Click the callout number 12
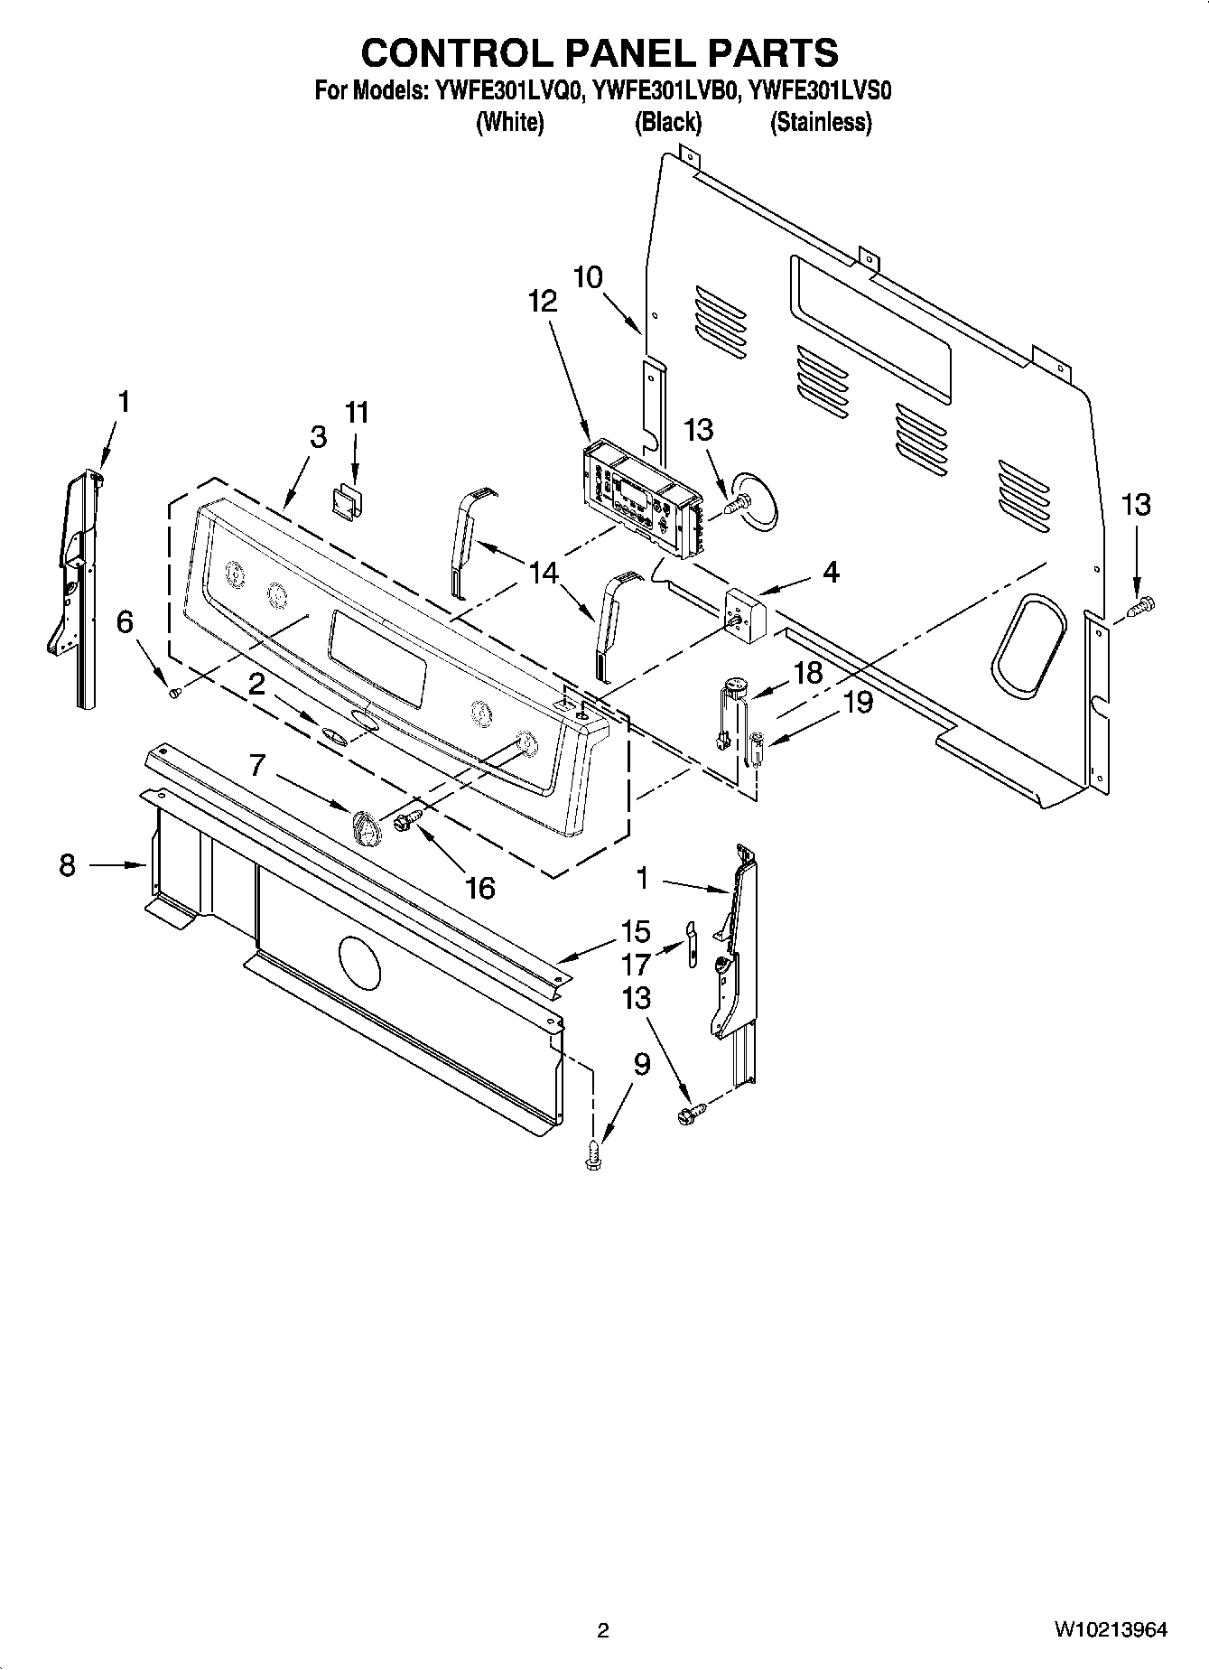[543, 302]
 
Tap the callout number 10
[588, 276]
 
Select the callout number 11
[357, 413]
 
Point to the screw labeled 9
[592, 1155]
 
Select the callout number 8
[67, 866]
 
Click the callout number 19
[858, 702]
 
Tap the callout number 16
[479, 888]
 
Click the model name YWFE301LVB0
[667, 91]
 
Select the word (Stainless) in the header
[820, 123]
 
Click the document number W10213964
[1110, 1630]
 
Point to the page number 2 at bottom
[603, 1630]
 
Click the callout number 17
[636, 965]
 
